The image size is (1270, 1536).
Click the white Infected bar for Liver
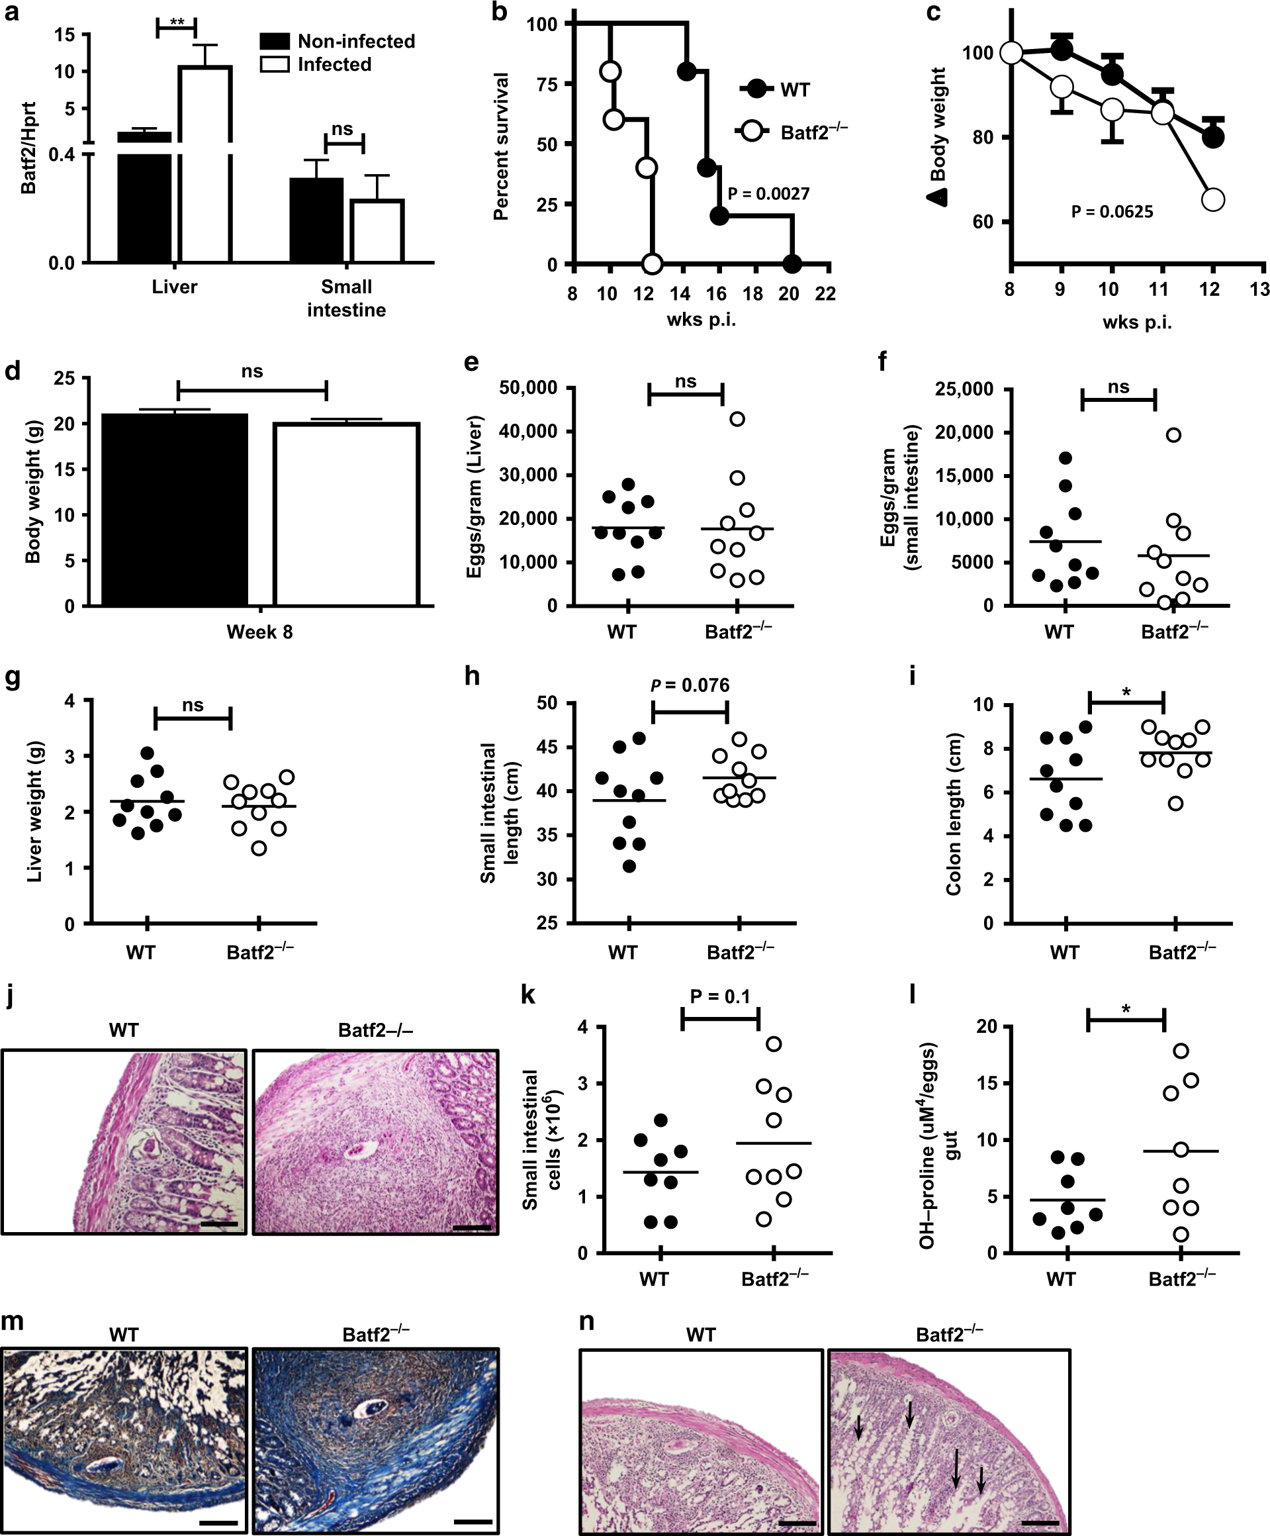(205, 165)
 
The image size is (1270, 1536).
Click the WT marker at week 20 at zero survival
(791, 264)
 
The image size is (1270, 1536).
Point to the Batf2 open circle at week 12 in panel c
(1213, 200)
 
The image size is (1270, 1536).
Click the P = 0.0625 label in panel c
(1111, 212)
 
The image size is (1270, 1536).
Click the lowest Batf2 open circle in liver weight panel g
(259, 849)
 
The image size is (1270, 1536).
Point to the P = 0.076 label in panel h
(690, 685)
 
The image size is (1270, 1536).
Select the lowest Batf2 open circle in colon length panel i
(1175, 804)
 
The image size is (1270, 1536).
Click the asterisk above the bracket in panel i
(1126, 693)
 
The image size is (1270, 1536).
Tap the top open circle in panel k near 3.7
(774, 1043)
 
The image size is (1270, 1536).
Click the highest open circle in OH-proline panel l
(1180, 1051)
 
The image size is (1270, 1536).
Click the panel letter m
(13, 1321)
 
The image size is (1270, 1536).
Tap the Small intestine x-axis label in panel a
(346, 298)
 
